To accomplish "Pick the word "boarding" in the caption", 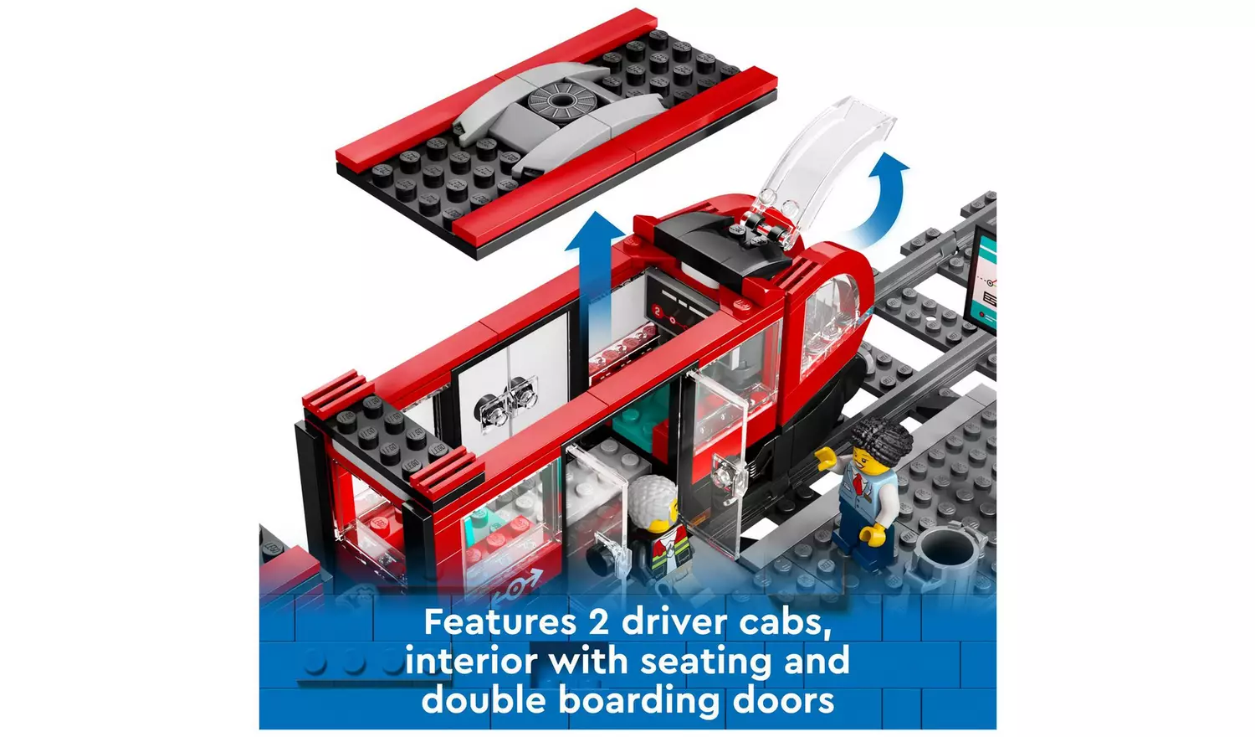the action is [638, 702].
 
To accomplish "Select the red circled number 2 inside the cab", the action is [658, 310].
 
